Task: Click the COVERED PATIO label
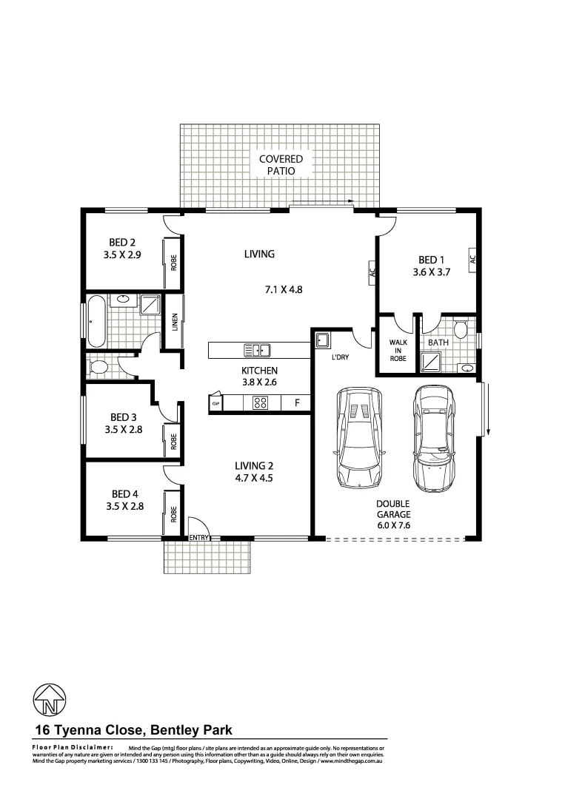tap(281, 165)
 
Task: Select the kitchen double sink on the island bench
tap(257, 350)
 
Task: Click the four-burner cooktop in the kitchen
tap(261, 403)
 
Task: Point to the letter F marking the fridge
tap(296, 403)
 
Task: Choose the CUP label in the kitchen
tap(215, 404)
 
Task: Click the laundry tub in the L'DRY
tap(322, 340)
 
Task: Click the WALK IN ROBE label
tap(398, 351)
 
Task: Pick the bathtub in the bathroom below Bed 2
tap(97, 320)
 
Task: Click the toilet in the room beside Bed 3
tap(98, 366)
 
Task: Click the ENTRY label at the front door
tap(199, 537)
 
